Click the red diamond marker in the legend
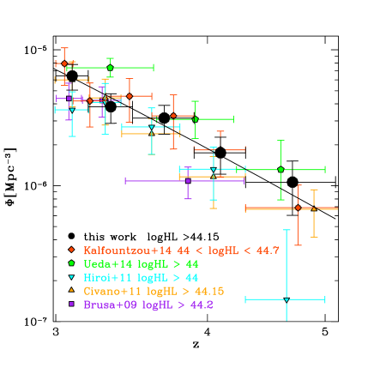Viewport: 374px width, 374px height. point(71,250)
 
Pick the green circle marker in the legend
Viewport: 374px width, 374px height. point(71,263)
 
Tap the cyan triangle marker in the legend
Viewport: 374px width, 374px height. point(71,277)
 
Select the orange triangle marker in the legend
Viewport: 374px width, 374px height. point(71,291)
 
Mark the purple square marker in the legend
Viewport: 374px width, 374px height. point(71,305)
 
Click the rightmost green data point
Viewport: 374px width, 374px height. point(280,170)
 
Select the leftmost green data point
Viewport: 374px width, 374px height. point(110,67)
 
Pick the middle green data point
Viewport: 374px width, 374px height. point(196,119)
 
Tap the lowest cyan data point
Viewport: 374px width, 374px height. point(287,299)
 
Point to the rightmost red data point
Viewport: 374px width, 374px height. point(298,208)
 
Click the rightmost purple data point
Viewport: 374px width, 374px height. point(188,180)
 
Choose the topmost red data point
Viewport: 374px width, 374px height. point(64,63)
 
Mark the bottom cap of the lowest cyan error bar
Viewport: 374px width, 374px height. point(287,319)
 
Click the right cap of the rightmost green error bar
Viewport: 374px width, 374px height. point(324,170)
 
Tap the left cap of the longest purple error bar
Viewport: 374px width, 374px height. point(126,180)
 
